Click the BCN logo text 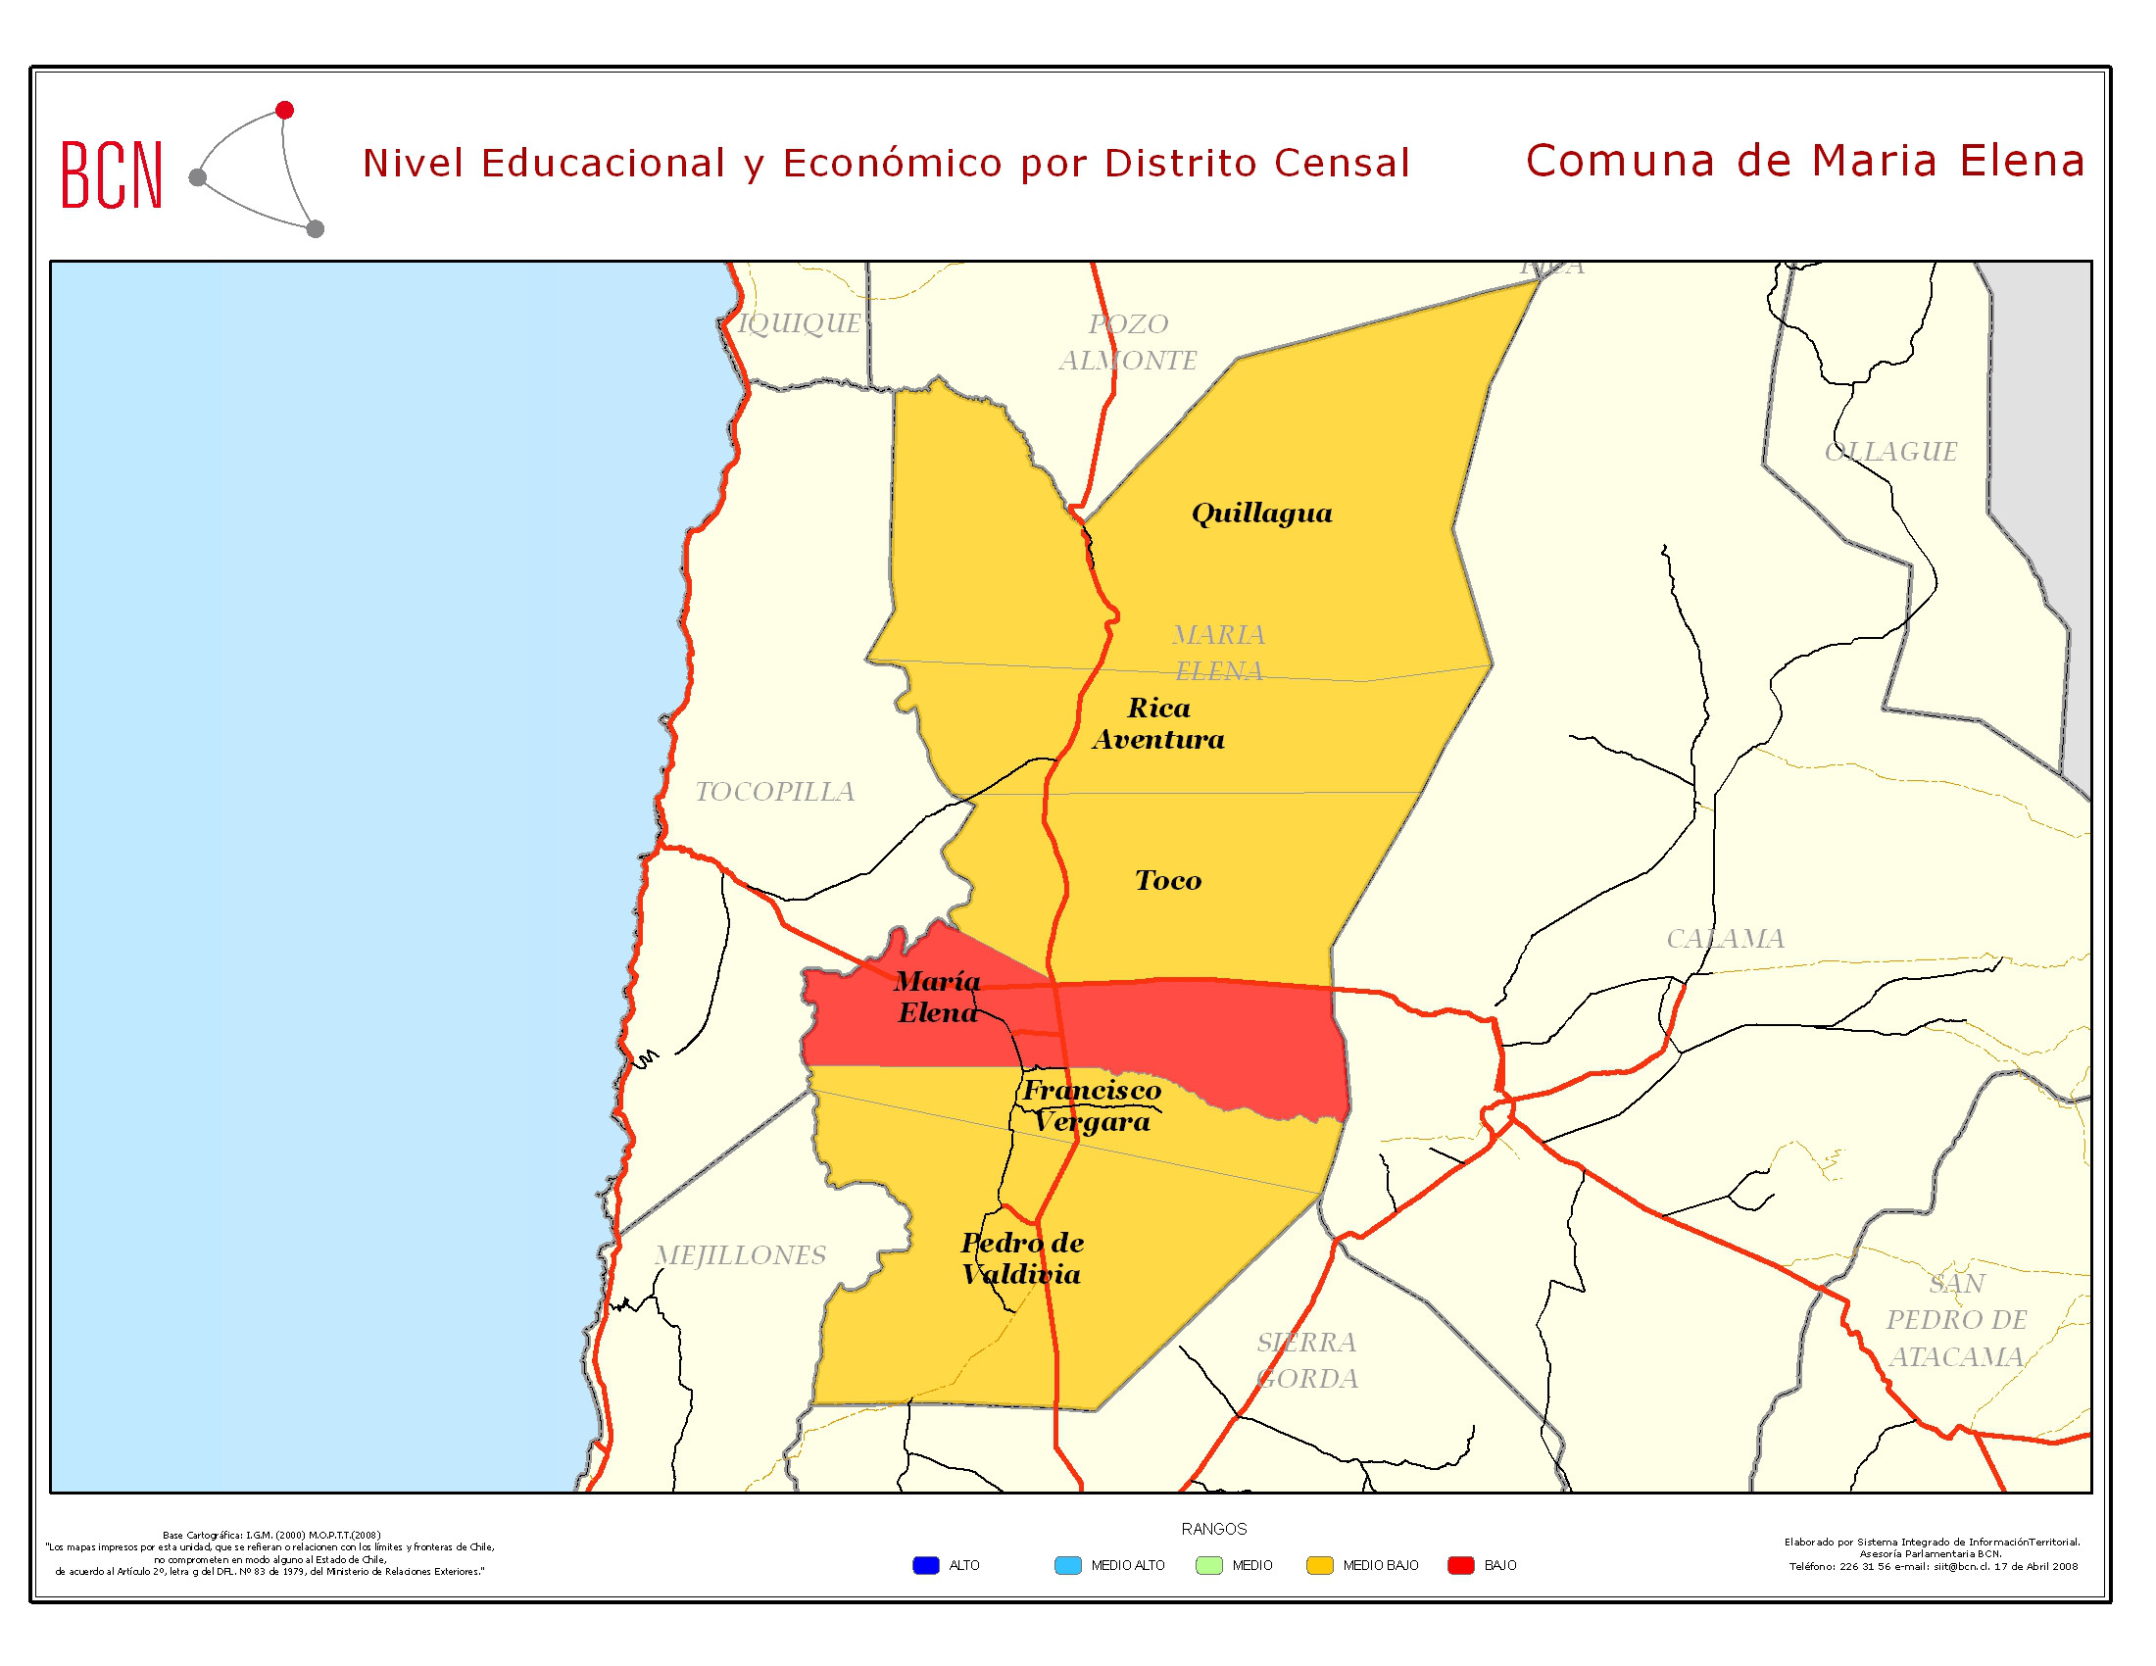tap(112, 174)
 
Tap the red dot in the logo tap(284, 110)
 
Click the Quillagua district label tap(1261, 514)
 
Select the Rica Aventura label tap(1158, 723)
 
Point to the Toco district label tap(1168, 880)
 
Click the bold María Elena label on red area tap(937, 997)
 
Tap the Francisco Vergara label tap(1091, 1105)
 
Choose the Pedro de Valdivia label tap(1022, 1258)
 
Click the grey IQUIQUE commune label tap(800, 323)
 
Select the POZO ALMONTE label tap(1128, 342)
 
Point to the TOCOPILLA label tap(775, 792)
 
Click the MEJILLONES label tap(740, 1255)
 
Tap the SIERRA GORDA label tap(1307, 1360)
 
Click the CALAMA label tap(1725, 939)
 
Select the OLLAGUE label tap(1889, 452)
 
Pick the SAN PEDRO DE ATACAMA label tap(1956, 1321)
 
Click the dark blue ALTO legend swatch tap(925, 1565)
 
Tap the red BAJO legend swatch tap(1460, 1565)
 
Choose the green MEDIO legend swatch tap(1208, 1565)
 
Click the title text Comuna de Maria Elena tap(1804, 161)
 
